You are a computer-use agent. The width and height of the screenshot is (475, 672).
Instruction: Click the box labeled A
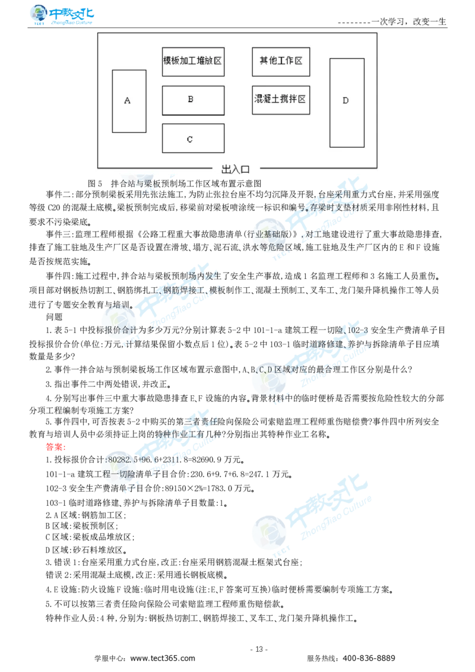129,101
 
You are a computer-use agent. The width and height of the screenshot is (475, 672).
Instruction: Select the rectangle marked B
193,100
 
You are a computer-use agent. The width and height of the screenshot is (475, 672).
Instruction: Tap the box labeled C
193,138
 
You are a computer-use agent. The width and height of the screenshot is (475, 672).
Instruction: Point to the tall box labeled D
347,102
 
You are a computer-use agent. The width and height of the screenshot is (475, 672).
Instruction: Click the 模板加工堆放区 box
193,61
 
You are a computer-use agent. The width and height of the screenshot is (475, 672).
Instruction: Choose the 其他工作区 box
281,61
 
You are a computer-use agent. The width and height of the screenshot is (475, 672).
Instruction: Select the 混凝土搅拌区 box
281,99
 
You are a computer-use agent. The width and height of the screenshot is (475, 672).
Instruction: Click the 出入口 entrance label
236,169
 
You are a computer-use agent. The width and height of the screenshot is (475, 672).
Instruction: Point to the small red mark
55,446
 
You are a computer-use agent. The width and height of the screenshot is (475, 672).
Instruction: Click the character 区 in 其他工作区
298,61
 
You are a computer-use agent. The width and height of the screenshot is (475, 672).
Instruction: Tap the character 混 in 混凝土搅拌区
259,99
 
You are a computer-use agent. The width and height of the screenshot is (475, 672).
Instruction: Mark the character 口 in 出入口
245,169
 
